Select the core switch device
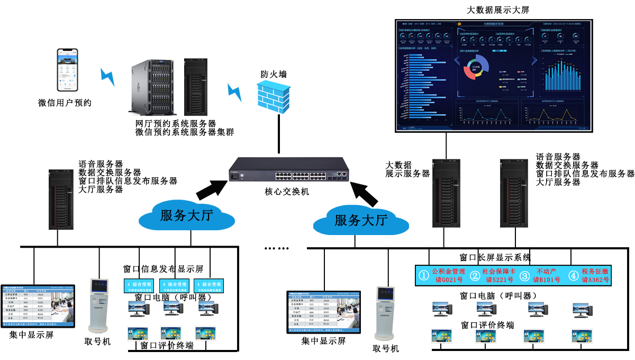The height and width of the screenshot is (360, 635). click(288, 171)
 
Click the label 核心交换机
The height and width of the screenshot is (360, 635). click(287, 192)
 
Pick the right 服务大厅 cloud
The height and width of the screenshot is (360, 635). click(361, 220)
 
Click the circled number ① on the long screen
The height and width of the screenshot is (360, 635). click(423, 276)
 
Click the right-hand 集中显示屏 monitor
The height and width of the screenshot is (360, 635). click(323, 312)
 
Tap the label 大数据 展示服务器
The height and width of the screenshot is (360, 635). click(407, 169)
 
